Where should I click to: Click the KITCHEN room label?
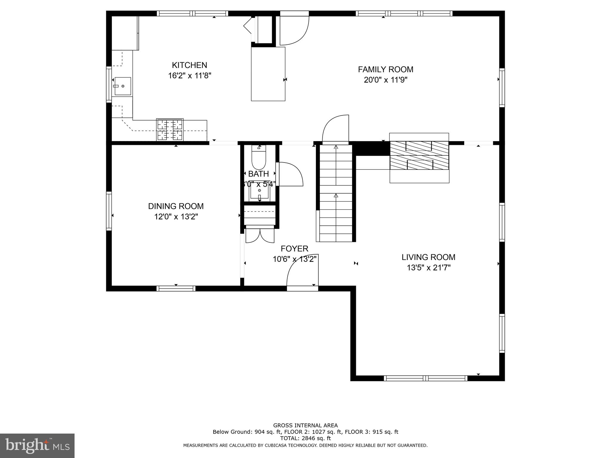tap(189, 65)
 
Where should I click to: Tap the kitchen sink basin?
tap(123, 86)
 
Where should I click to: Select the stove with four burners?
tap(170, 129)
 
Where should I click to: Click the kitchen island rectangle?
tap(268, 74)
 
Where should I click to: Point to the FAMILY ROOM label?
tap(385, 69)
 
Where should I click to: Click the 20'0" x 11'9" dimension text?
tap(385, 80)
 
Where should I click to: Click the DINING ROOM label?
tap(176, 206)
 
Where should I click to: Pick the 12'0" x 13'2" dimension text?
tap(176, 217)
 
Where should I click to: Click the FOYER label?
tap(294, 249)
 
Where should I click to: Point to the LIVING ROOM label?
tap(428, 257)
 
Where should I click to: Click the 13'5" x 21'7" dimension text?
tap(428, 268)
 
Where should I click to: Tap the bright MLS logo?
tap(37, 445)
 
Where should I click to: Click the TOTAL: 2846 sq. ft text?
tap(305, 438)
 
